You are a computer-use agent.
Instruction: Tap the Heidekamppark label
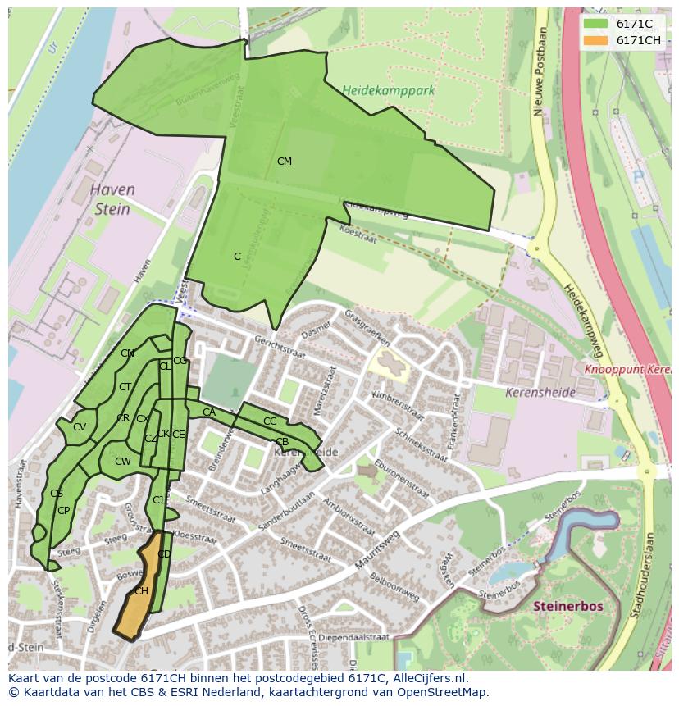click(388, 91)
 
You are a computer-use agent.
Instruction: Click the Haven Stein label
click(112, 199)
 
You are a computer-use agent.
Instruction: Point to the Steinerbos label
click(568, 606)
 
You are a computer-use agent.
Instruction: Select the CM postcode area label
click(285, 162)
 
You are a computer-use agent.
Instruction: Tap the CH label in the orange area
click(141, 591)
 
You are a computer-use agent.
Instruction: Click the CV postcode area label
click(80, 427)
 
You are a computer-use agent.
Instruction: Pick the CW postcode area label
click(122, 462)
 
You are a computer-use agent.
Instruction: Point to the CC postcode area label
click(270, 421)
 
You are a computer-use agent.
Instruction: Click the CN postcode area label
click(127, 353)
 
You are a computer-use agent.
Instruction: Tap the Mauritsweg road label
click(377, 549)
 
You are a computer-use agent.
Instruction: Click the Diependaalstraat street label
click(353, 636)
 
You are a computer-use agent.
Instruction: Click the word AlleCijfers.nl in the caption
click(427, 678)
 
